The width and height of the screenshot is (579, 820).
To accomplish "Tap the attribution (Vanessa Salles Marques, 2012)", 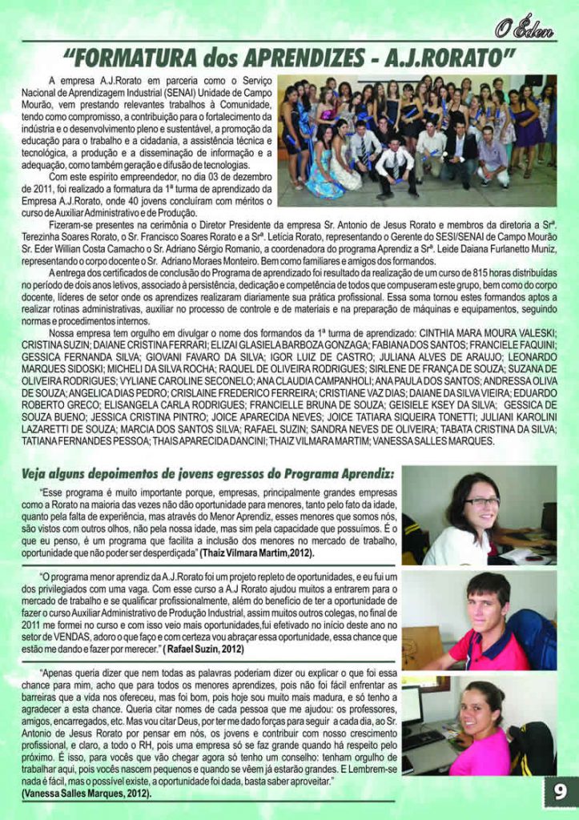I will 87,793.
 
